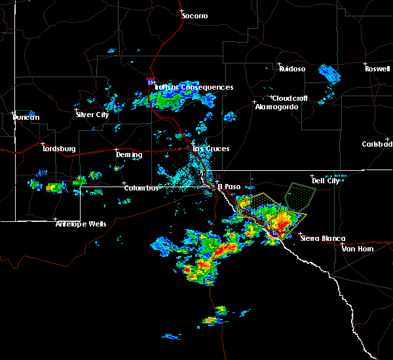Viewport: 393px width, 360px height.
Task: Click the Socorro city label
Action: pos(195,16)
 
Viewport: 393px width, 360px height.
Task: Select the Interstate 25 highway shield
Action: pos(150,82)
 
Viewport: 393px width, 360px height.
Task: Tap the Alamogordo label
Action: pos(271,107)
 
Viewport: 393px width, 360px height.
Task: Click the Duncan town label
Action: pos(26,118)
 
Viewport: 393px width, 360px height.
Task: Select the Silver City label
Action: pos(92,115)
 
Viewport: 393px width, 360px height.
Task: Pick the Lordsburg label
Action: pos(59,149)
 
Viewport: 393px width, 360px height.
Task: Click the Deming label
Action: pos(129,155)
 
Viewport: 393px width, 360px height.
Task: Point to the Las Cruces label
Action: pos(210,149)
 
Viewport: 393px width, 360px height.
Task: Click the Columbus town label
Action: pos(141,189)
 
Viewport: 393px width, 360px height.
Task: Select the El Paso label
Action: pos(229,186)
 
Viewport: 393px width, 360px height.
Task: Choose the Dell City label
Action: pos(326,181)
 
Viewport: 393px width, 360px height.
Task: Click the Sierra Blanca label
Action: pos(322,239)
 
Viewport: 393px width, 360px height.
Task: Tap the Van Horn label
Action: pos(356,249)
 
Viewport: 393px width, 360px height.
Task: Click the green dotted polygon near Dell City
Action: pos(301,194)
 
